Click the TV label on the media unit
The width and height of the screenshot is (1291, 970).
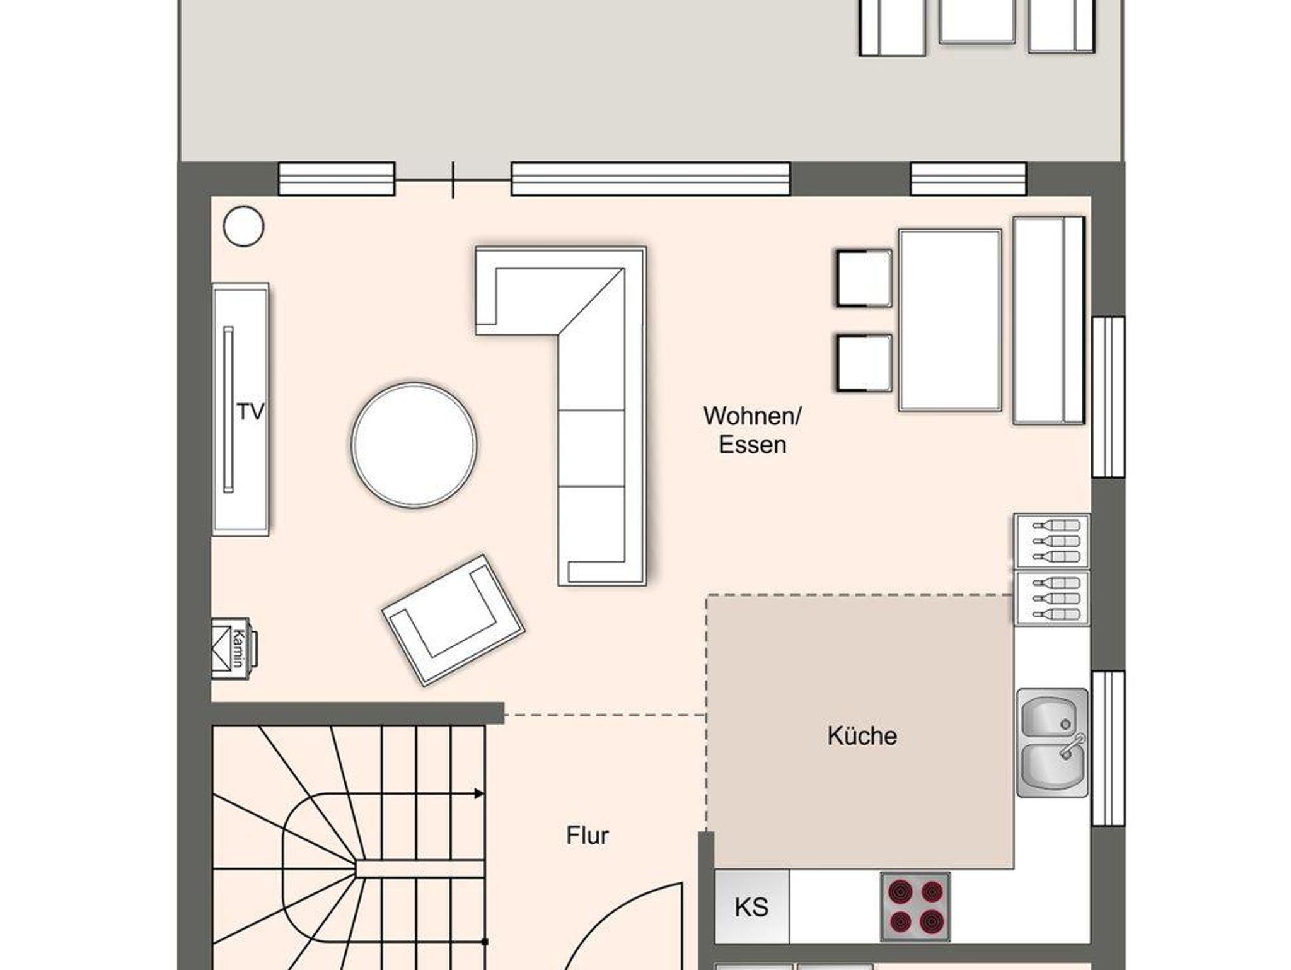(x=250, y=412)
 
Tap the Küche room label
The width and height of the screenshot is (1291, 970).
(x=862, y=735)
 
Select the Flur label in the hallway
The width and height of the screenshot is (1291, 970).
(x=587, y=836)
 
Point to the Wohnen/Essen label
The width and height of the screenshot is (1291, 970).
(x=752, y=430)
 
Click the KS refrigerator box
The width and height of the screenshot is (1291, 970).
(x=751, y=907)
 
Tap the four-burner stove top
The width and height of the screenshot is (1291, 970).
(x=915, y=907)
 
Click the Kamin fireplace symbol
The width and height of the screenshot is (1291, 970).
(x=234, y=648)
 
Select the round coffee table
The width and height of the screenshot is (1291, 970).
(x=414, y=445)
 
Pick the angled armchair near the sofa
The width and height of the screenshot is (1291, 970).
(x=453, y=619)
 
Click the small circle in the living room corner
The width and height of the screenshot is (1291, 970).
(x=243, y=226)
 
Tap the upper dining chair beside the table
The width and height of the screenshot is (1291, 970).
(x=864, y=278)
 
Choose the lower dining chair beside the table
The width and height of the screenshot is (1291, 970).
(x=864, y=363)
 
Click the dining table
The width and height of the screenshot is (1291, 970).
(x=950, y=320)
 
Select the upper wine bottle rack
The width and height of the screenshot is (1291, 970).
(x=1051, y=541)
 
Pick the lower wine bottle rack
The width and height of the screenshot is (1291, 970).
(x=1051, y=599)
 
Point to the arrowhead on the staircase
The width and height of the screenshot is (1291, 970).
(x=479, y=793)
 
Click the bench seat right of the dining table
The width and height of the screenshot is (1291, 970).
(x=1049, y=320)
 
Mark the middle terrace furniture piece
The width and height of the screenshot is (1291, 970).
(x=977, y=21)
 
